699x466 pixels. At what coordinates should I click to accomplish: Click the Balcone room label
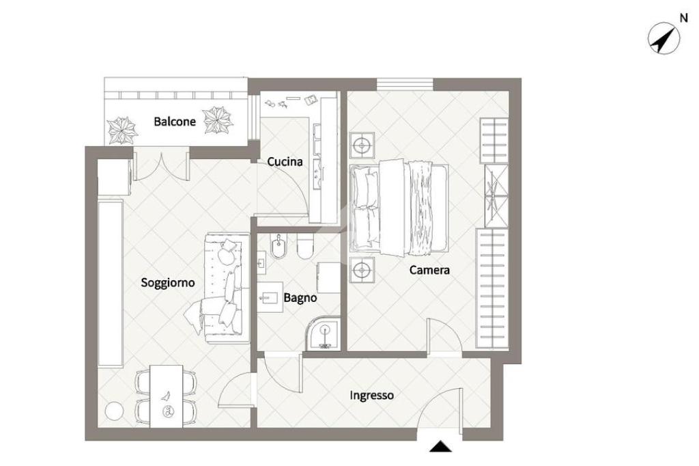[x=174, y=122]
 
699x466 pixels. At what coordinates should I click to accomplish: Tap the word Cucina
[x=285, y=161]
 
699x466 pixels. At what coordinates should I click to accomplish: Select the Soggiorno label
[x=168, y=283]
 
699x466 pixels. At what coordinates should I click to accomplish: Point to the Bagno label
[x=300, y=298]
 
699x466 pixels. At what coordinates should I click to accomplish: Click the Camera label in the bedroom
[x=429, y=270]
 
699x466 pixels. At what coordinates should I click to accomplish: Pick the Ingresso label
[x=371, y=396]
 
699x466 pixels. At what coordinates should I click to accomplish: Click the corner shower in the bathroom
[x=323, y=333]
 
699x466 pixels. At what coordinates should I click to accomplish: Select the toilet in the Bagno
[x=305, y=247]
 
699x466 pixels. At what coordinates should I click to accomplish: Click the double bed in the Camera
[x=399, y=208]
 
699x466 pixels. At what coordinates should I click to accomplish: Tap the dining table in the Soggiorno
[x=166, y=396]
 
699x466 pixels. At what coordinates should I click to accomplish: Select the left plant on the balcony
[x=122, y=131]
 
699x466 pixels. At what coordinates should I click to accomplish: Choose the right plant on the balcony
[x=218, y=120]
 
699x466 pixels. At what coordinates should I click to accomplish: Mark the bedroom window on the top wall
[x=405, y=84]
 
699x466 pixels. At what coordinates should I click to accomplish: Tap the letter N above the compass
[x=683, y=18]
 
